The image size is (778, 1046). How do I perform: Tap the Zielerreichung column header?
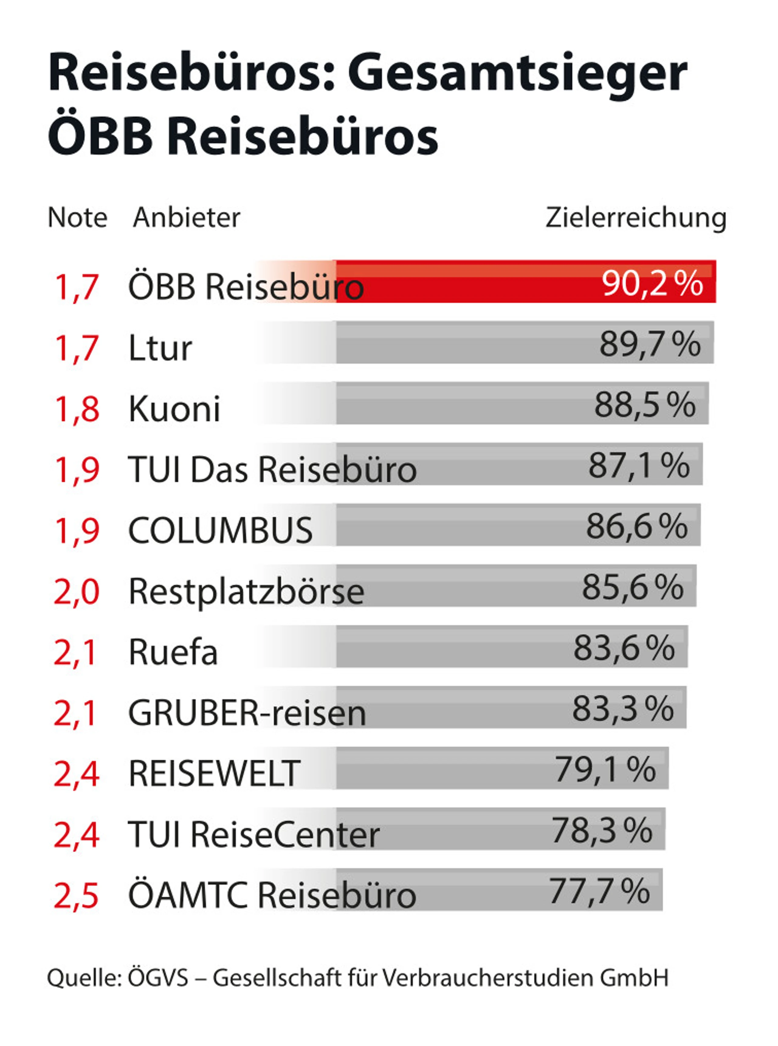(x=636, y=218)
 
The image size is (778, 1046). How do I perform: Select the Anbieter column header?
(x=187, y=218)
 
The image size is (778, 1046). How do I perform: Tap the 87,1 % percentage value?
(x=639, y=466)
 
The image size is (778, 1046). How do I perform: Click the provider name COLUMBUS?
(x=220, y=530)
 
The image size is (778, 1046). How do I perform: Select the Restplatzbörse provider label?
(x=246, y=592)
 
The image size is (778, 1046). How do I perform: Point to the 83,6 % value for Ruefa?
(x=624, y=648)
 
